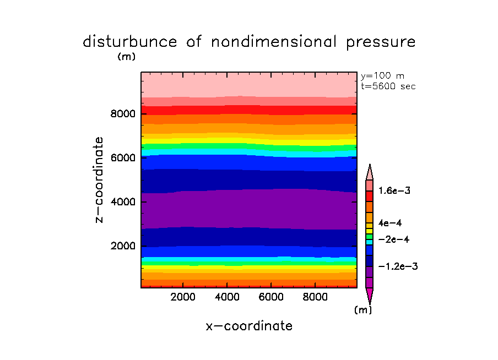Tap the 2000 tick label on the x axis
(x=183, y=297)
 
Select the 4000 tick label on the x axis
(x=227, y=297)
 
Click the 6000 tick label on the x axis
(x=271, y=297)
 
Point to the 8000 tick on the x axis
(x=315, y=297)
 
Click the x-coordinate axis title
(x=249, y=326)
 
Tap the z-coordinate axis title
(x=100, y=179)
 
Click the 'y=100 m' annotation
(x=382, y=76)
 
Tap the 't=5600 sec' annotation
(x=388, y=86)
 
